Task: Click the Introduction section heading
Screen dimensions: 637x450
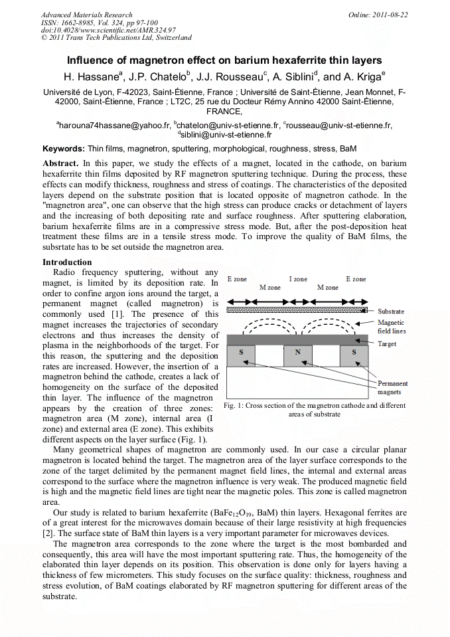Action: pyautogui.click(x=67, y=262)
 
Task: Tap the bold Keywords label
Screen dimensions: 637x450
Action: pyautogui.click(x=64, y=149)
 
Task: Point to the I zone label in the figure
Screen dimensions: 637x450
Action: pyautogui.click(x=298, y=279)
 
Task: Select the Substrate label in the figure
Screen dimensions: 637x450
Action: pyautogui.click(x=390, y=312)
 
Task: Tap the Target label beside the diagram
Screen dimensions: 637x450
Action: pyautogui.click(x=387, y=344)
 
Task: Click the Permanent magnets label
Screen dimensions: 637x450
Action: pyautogui.click(x=392, y=388)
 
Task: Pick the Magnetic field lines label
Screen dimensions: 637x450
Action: pyautogui.click(x=391, y=326)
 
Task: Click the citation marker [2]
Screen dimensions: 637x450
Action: pyautogui.click(x=48, y=533)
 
